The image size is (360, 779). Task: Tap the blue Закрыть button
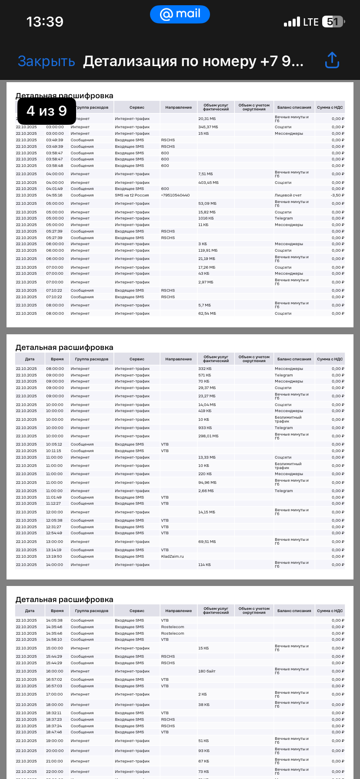pyautogui.click(x=46, y=61)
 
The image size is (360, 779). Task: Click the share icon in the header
pyautogui.click(x=332, y=61)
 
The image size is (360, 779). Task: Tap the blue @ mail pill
pyautogui.click(x=180, y=14)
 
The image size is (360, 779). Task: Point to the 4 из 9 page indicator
pyautogui.click(x=47, y=111)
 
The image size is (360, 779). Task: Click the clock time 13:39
pyautogui.click(x=45, y=21)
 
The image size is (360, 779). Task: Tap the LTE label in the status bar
pyautogui.click(x=311, y=22)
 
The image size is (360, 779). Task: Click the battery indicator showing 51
pyautogui.click(x=333, y=22)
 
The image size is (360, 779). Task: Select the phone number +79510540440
pyautogui.click(x=175, y=195)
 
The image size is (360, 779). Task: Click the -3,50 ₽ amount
pyautogui.click(x=337, y=195)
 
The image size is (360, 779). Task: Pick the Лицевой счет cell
pyautogui.click(x=288, y=195)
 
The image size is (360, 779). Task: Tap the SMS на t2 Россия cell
pyautogui.click(x=132, y=195)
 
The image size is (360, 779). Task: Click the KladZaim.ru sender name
pyautogui.click(x=172, y=556)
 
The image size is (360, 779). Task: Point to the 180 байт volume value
pyautogui.click(x=207, y=671)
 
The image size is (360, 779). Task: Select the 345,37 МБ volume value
pyautogui.click(x=208, y=127)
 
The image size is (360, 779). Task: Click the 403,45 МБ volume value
pyautogui.click(x=209, y=183)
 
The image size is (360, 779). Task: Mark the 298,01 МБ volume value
pyautogui.click(x=208, y=436)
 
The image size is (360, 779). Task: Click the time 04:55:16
pyautogui.click(x=55, y=195)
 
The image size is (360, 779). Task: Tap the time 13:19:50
pyautogui.click(x=54, y=556)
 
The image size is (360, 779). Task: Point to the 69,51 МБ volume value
pyautogui.click(x=207, y=542)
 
